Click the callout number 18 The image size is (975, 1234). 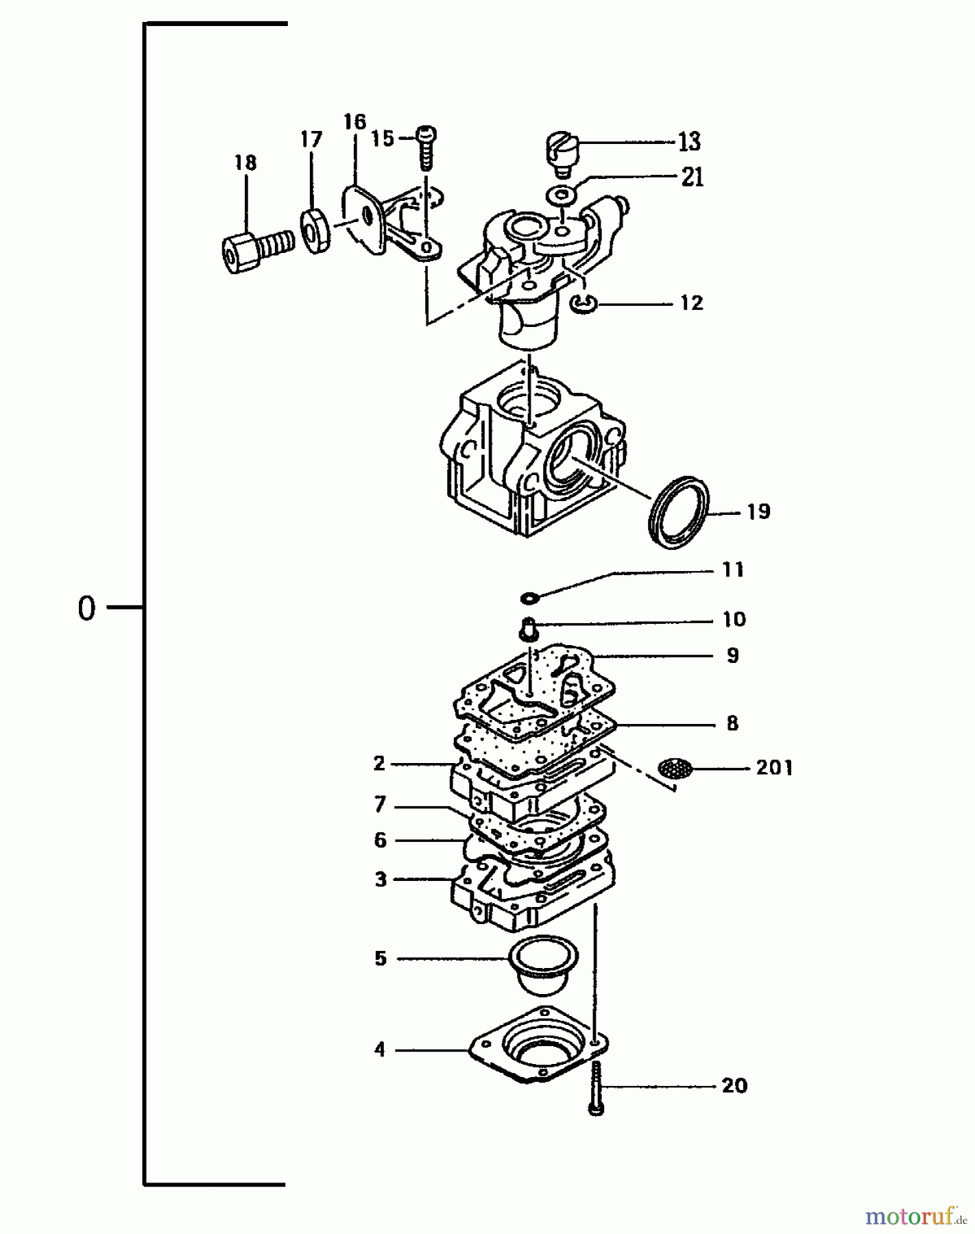tap(245, 163)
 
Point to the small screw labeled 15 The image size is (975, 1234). tap(426, 147)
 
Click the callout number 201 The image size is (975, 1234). tap(774, 768)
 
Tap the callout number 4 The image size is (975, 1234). tap(380, 1050)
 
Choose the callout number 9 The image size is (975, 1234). tap(733, 655)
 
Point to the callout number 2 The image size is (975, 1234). tap(379, 763)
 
